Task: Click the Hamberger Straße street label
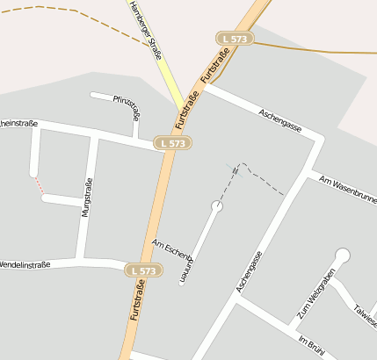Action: [145, 29]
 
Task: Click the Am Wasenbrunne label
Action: [348, 191]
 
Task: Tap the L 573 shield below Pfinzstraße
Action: [172, 142]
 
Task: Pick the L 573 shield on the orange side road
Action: [235, 39]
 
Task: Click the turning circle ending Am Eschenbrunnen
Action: [217, 206]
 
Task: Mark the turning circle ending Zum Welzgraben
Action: [342, 256]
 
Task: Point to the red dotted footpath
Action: [38, 184]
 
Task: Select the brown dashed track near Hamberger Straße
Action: [53, 9]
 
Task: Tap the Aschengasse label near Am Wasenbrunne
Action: [281, 122]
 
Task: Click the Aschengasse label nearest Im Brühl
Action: [250, 271]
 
